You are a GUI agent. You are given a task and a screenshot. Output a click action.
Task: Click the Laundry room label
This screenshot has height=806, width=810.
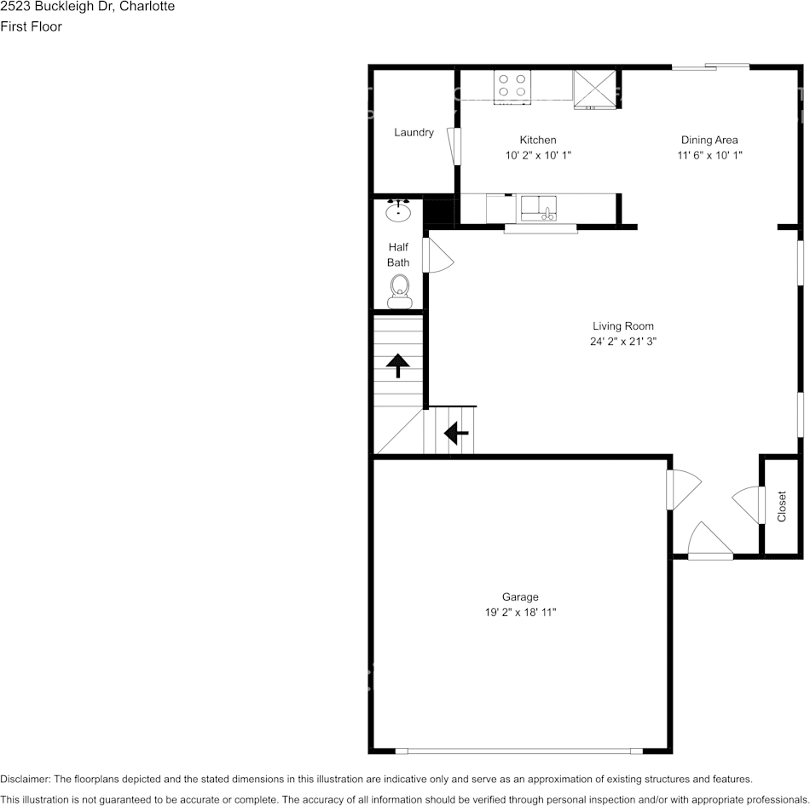pos(414,132)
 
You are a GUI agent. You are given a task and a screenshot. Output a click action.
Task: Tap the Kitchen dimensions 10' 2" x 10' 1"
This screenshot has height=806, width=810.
pos(538,156)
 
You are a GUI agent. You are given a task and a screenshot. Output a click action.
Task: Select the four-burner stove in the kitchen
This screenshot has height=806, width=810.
pos(512,85)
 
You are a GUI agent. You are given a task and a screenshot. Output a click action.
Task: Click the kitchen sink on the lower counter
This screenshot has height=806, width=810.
pos(539,207)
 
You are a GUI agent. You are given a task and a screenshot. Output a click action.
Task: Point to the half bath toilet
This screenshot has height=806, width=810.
pos(398,291)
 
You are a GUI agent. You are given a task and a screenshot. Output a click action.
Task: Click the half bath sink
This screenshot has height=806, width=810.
pos(398,210)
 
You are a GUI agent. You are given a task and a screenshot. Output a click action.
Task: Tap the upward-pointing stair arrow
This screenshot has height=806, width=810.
pos(397,366)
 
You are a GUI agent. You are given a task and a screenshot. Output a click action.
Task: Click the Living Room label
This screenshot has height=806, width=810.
pos(623,325)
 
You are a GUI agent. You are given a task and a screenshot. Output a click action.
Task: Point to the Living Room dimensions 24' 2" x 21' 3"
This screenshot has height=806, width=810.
pos(623,342)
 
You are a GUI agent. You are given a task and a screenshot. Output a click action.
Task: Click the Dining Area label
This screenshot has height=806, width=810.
pos(709,140)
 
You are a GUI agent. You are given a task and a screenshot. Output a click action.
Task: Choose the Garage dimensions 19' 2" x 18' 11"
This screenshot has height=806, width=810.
pos(519,613)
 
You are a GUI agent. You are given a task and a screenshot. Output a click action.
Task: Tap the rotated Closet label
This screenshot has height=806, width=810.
pos(782,506)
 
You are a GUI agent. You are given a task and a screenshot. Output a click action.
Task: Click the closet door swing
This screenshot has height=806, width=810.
pos(747,503)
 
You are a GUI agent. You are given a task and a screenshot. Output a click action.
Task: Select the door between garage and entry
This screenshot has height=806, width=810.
pos(682,489)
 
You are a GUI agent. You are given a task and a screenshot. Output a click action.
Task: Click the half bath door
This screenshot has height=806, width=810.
pos(437,256)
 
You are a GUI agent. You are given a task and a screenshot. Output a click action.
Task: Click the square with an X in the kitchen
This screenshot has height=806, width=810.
pos(594,88)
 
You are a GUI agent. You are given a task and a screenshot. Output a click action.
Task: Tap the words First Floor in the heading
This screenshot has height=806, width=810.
pos(31,26)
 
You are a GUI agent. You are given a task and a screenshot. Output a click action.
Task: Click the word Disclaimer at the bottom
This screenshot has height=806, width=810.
pos(25,779)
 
